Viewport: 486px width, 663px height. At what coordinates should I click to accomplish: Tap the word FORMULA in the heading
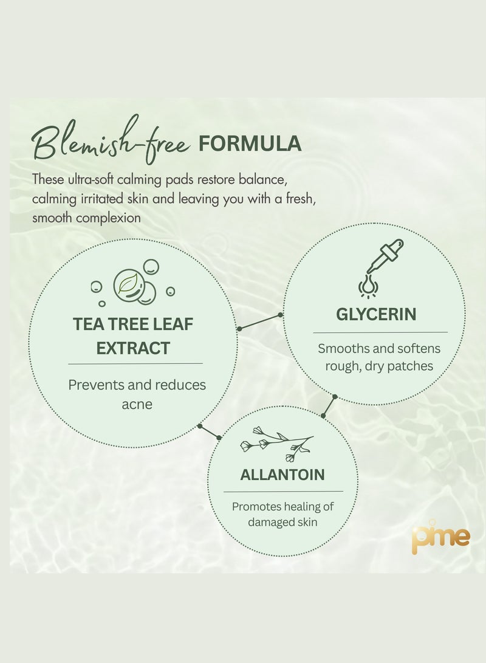(x=249, y=143)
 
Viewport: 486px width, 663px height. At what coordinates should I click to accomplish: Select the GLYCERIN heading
(x=376, y=314)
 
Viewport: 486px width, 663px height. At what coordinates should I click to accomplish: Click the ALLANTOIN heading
(x=282, y=475)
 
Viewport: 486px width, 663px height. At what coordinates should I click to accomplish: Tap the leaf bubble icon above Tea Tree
(x=132, y=284)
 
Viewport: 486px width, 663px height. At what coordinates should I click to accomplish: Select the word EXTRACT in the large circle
(x=133, y=348)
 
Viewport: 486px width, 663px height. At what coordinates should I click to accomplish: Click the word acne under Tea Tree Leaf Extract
(x=136, y=404)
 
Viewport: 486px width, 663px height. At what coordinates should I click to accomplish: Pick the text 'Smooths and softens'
(x=379, y=349)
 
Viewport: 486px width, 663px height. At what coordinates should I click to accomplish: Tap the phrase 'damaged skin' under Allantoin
(x=283, y=522)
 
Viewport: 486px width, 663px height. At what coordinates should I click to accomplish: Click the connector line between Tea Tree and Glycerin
(x=260, y=321)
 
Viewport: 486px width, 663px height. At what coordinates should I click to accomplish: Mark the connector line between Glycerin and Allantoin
(x=329, y=406)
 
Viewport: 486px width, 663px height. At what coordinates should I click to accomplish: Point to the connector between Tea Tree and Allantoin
(x=210, y=431)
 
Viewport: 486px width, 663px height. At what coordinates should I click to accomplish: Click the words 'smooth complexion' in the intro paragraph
(x=86, y=217)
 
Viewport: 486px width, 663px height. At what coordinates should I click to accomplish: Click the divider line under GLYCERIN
(x=380, y=332)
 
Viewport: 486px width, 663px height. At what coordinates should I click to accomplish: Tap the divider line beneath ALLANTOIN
(x=283, y=491)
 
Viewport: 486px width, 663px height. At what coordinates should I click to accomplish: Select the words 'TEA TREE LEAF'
(x=133, y=324)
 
